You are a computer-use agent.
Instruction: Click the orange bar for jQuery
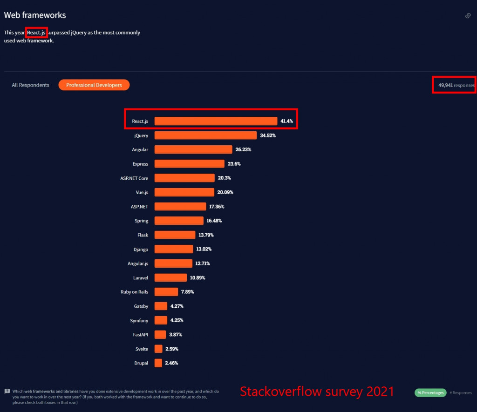[x=205, y=135]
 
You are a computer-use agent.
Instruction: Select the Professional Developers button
[x=94, y=85]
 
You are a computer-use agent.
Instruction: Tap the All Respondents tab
[x=30, y=85]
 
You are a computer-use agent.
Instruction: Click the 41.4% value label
[x=286, y=122]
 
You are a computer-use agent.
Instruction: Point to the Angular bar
[x=193, y=149]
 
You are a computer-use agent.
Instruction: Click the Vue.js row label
[x=139, y=192]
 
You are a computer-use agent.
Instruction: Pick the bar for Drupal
[x=158, y=363]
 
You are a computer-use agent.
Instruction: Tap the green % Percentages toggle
[x=430, y=392]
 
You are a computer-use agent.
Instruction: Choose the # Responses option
[x=461, y=392]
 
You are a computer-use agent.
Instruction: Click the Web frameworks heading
[x=35, y=15]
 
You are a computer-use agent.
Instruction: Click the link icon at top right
[x=468, y=16]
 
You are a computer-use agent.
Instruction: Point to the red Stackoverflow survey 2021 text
[x=317, y=392]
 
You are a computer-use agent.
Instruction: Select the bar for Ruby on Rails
[x=166, y=292]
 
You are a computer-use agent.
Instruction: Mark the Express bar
[x=189, y=164]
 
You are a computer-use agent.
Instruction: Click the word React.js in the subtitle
[x=36, y=33]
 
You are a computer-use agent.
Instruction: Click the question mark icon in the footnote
[x=7, y=392]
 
